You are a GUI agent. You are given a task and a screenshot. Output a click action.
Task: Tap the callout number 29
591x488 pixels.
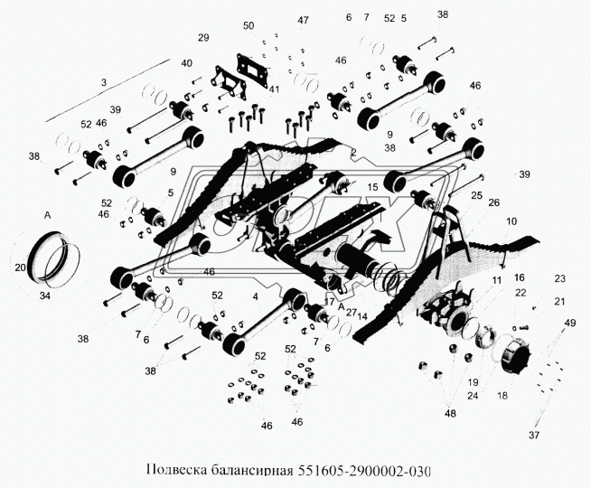[x=203, y=37]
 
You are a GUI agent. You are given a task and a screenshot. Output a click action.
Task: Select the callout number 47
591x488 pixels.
[x=278, y=20]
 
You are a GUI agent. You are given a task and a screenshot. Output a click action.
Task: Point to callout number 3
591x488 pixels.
[x=104, y=82]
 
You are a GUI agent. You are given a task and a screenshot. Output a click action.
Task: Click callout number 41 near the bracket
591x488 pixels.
[x=273, y=89]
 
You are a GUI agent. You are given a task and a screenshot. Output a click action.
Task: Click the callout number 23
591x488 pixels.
[x=560, y=277]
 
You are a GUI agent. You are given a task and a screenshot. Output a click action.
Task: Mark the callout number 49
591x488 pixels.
[x=569, y=323]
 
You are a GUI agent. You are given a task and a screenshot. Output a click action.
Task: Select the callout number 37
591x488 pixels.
[x=535, y=436]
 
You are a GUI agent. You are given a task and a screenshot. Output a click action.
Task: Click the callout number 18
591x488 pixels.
[x=502, y=395]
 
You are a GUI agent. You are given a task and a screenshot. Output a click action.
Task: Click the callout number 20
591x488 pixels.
[x=20, y=267]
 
